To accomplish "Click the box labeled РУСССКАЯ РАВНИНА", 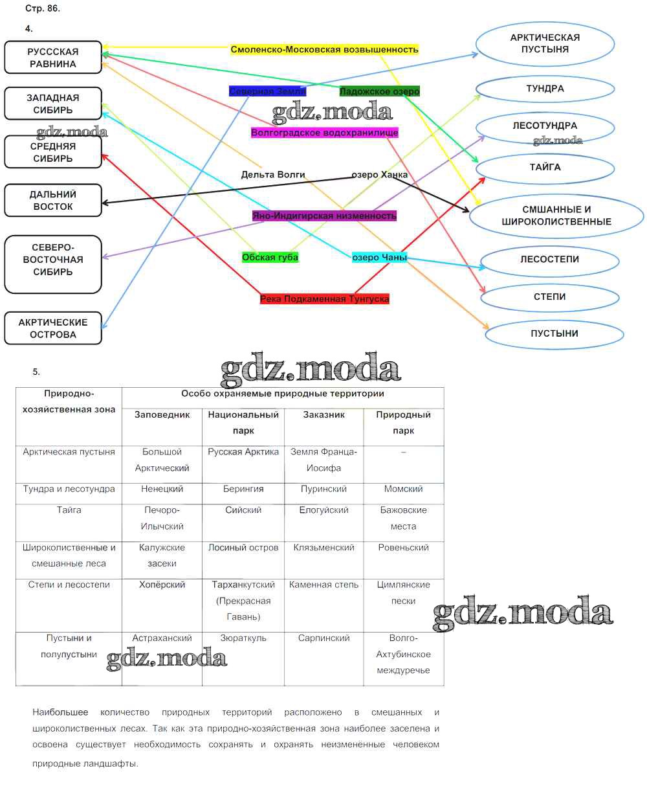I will (x=53, y=58).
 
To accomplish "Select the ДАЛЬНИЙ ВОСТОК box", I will (x=53, y=200).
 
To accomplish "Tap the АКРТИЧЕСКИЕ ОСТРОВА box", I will (x=53, y=328).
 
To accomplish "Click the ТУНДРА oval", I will (x=545, y=89).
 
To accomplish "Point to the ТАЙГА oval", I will (x=545, y=167).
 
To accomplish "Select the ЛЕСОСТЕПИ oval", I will (x=549, y=259).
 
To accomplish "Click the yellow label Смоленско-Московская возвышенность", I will (x=324, y=49).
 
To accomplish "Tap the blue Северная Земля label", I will (x=267, y=91).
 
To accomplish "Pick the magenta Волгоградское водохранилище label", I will (x=324, y=133).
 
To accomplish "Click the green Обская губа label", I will (x=270, y=257).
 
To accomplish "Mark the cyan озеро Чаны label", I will (x=379, y=257).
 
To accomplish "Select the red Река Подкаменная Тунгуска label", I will (x=324, y=298).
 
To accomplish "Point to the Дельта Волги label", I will (x=272, y=174).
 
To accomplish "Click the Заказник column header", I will (x=323, y=415).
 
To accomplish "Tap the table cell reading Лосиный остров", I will (x=243, y=548).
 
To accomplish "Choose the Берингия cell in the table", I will (x=243, y=489).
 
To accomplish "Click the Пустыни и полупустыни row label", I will (x=69, y=646).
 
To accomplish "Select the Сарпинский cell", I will (x=323, y=638).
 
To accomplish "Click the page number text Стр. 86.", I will (x=42, y=9).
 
